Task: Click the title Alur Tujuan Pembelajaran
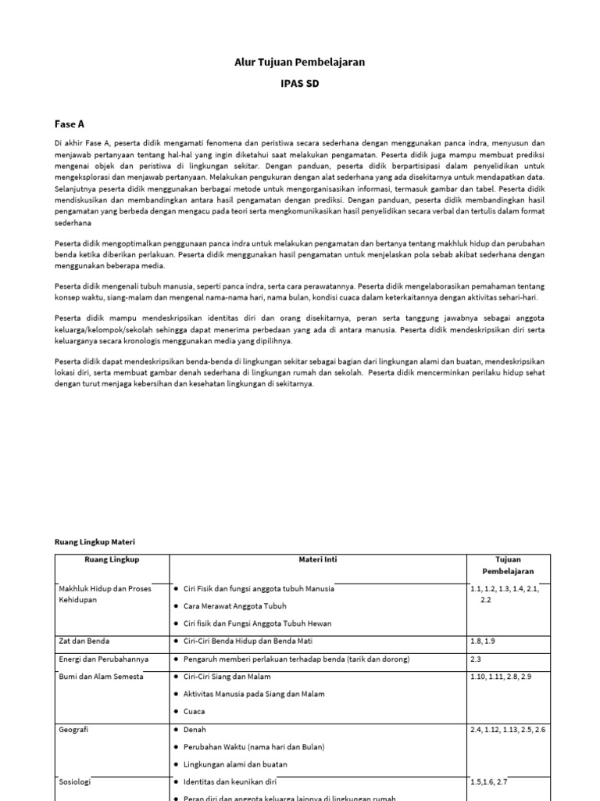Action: [300, 62]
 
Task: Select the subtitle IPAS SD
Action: [300, 84]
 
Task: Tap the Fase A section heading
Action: [69, 124]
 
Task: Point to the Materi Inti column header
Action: [318, 559]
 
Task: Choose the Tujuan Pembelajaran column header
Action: [508, 566]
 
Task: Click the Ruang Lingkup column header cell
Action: [112, 559]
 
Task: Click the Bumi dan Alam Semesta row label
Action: [101, 677]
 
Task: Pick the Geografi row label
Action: [73, 729]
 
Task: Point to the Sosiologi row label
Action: [75, 781]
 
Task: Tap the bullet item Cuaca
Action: [194, 712]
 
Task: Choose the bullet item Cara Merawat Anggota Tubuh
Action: [234, 606]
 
